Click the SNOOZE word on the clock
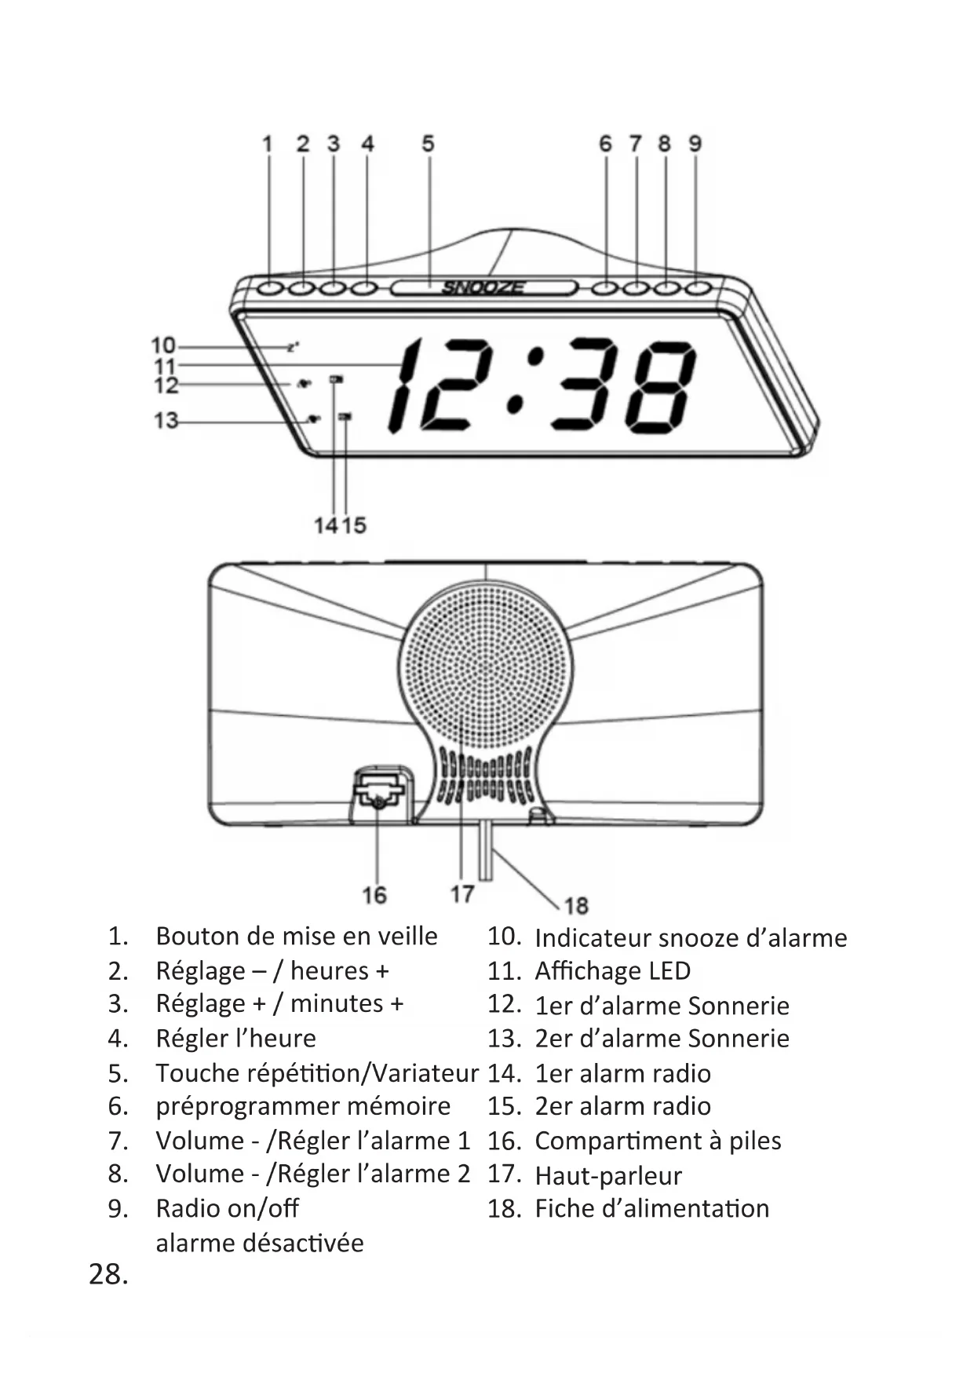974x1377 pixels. click(483, 287)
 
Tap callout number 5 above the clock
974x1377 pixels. click(428, 144)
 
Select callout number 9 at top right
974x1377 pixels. click(695, 144)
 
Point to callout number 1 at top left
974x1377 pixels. click(268, 144)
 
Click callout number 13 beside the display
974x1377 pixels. click(166, 421)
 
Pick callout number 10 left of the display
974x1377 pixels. click(163, 345)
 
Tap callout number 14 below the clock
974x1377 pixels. click(325, 524)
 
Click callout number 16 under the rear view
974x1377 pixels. click(374, 894)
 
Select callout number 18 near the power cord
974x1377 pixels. click(576, 906)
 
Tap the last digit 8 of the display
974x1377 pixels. click(660, 385)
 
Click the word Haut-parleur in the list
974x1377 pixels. click(607, 1175)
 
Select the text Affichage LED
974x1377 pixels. click(612, 971)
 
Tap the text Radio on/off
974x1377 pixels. click(227, 1207)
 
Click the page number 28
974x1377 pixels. click(108, 1274)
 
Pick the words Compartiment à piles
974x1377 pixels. click(658, 1141)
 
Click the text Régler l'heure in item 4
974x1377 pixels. click(235, 1038)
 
